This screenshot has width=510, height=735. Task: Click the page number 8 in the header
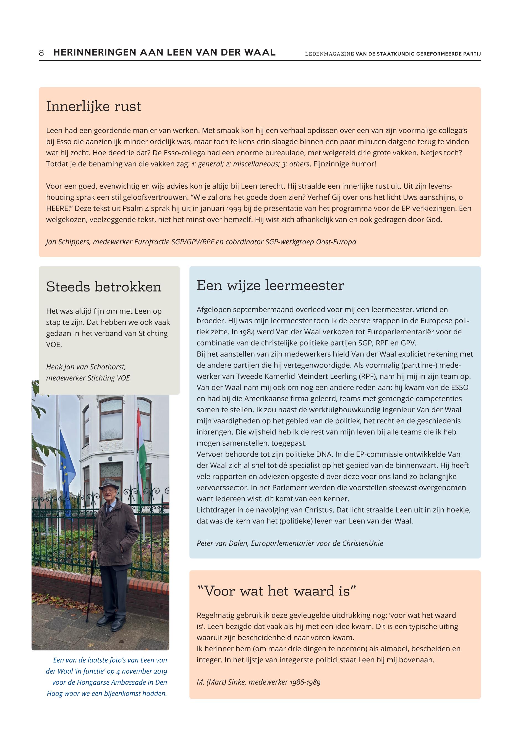41,53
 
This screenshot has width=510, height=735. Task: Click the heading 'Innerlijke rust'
93,106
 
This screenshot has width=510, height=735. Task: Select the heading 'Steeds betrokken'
104,287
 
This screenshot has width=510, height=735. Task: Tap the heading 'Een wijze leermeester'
270,285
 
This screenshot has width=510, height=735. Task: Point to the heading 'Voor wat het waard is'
276,591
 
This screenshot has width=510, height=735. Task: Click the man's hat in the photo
109,483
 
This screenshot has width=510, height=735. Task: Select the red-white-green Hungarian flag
142,447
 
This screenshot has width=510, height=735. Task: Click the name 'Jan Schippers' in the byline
68,242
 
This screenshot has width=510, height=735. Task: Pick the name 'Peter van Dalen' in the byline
223,543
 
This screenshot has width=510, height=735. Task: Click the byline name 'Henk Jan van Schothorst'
86,367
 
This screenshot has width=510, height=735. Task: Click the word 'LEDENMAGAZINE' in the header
329,54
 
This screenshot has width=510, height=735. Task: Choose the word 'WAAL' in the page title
260,53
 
